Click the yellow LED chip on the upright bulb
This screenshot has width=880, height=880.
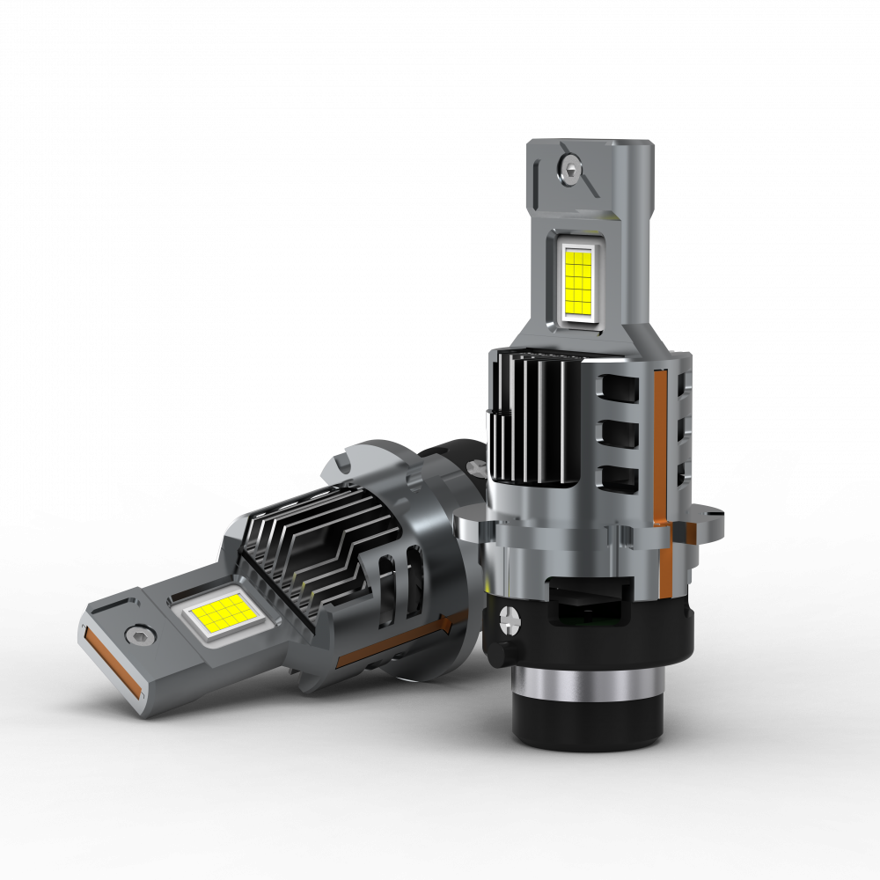(x=577, y=282)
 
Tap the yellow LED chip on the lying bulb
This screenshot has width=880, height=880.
(x=216, y=614)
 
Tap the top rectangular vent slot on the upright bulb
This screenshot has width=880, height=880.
(x=620, y=387)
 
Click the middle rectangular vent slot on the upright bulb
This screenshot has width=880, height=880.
(x=619, y=433)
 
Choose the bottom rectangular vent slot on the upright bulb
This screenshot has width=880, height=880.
(x=619, y=478)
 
